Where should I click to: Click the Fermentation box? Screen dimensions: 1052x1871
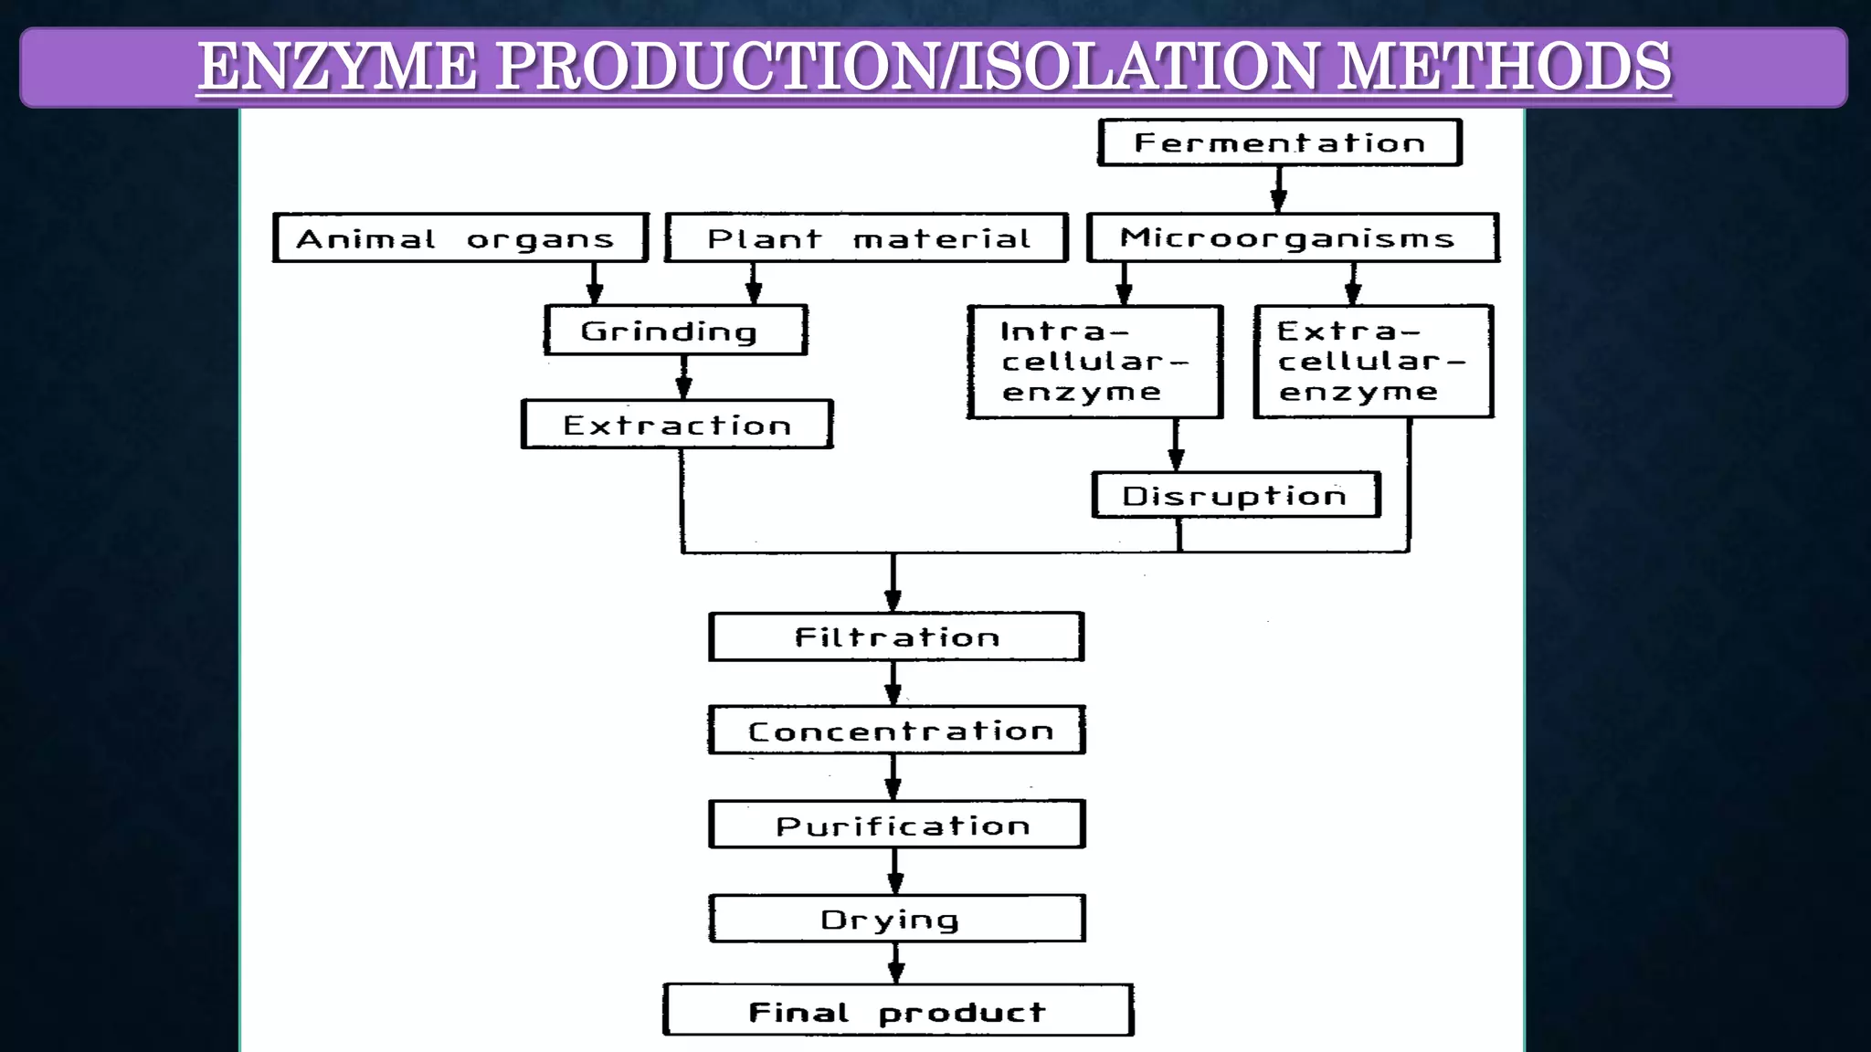(x=1279, y=142)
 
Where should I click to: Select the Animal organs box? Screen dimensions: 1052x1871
(x=460, y=238)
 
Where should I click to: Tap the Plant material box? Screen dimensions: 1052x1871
(x=866, y=238)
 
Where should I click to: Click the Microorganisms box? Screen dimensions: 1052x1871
(x=1292, y=238)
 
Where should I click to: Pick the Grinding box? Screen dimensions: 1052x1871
(x=675, y=331)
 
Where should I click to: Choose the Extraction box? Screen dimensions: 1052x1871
(x=677, y=425)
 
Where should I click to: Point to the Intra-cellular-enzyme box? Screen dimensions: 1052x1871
(x=1094, y=362)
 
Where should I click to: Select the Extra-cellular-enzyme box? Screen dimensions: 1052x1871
(x=1373, y=362)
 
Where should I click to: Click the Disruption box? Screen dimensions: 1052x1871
(x=1235, y=496)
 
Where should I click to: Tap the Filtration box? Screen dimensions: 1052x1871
(x=896, y=636)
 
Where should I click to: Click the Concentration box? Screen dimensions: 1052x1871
(x=896, y=731)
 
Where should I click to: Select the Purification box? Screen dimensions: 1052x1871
(x=896, y=825)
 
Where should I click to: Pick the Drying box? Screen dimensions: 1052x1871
(x=896, y=919)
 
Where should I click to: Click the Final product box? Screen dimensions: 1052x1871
(x=897, y=1011)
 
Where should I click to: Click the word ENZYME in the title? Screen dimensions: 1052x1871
(x=338, y=68)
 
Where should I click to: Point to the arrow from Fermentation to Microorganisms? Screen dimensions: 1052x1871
(x=1279, y=190)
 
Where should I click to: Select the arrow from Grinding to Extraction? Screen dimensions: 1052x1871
(x=683, y=377)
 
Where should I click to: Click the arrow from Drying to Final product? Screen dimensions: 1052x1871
(x=896, y=963)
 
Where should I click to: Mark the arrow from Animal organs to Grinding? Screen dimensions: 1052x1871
(x=595, y=284)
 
